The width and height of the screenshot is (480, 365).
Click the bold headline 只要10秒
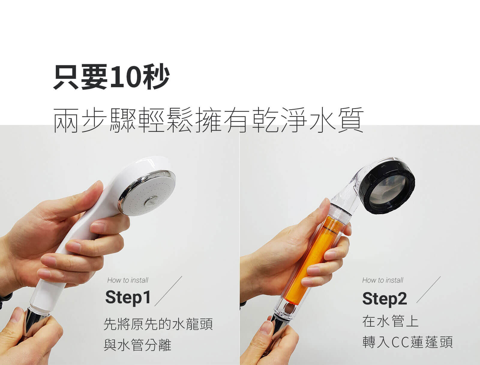112,77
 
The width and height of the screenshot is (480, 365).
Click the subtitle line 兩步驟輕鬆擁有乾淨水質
208,120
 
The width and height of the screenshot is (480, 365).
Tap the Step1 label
128,298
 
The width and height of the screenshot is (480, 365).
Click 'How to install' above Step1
128,280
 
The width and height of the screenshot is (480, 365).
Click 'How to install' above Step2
383,280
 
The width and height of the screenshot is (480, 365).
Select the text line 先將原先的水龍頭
158,324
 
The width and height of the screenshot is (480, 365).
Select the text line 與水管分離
137,345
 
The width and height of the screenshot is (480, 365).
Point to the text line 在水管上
390,321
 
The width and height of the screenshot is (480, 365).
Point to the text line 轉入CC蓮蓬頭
407,342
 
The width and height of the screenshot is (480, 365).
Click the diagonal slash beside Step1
168,291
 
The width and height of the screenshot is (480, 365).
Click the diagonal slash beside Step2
429,290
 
